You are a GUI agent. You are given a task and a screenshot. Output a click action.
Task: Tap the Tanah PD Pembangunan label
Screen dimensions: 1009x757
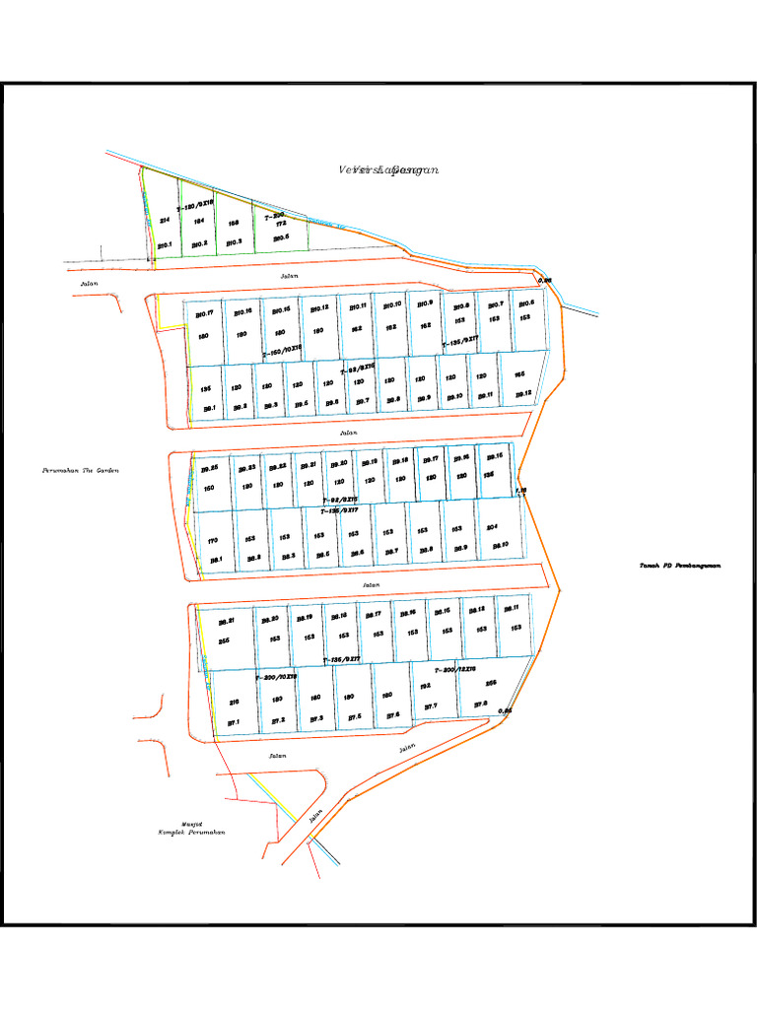(681, 566)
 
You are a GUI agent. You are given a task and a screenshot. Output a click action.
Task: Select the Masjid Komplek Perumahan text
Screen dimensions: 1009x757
(192, 829)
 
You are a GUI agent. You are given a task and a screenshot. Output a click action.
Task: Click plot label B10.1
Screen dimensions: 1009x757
(165, 244)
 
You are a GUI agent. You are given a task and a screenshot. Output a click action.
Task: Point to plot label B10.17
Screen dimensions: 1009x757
(204, 314)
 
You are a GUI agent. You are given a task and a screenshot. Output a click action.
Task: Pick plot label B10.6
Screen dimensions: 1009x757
(526, 303)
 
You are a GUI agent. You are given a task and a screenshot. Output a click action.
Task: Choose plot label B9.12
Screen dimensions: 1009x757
(522, 394)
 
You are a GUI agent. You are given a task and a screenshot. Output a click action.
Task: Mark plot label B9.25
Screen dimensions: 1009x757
(209, 468)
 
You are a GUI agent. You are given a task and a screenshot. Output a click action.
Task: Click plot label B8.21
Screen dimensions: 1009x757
(226, 622)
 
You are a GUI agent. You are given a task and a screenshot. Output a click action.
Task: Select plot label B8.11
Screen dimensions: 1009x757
(516, 608)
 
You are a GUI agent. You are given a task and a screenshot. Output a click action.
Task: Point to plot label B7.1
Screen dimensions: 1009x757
(234, 722)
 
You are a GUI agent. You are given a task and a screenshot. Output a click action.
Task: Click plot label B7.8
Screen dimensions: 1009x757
(481, 704)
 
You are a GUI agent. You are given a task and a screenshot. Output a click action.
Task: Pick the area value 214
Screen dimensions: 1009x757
(165, 221)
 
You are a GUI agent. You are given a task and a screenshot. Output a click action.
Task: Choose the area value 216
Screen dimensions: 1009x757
(234, 702)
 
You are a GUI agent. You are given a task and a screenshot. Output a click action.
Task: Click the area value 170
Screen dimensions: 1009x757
(213, 540)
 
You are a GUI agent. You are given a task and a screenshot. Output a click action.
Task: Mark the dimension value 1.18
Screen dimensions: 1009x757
(521, 490)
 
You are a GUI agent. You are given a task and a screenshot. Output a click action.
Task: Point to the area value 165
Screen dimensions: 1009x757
(519, 374)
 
